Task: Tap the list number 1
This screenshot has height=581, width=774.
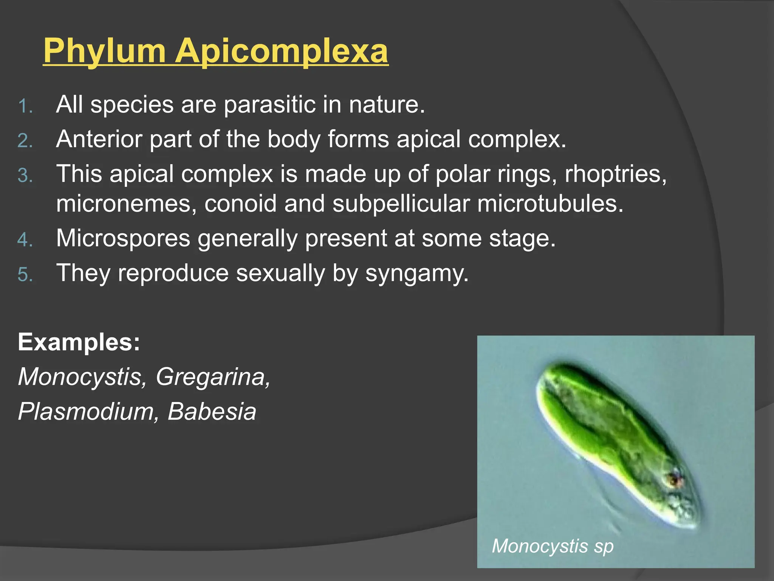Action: (25, 106)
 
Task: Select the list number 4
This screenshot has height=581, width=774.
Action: (25, 240)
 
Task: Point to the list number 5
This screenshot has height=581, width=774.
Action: (25, 275)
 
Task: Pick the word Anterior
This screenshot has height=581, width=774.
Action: (99, 139)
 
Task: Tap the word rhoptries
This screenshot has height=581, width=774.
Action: (616, 174)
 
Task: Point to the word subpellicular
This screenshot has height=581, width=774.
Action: (401, 204)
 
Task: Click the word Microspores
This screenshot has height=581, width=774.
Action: (123, 239)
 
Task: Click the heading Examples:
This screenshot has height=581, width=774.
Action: (79, 342)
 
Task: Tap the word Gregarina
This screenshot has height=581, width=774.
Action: (213, 377)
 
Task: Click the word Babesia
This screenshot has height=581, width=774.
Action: (212, 412)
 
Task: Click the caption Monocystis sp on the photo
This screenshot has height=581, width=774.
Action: (553, 546)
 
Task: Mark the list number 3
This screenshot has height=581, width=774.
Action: (25, 176)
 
